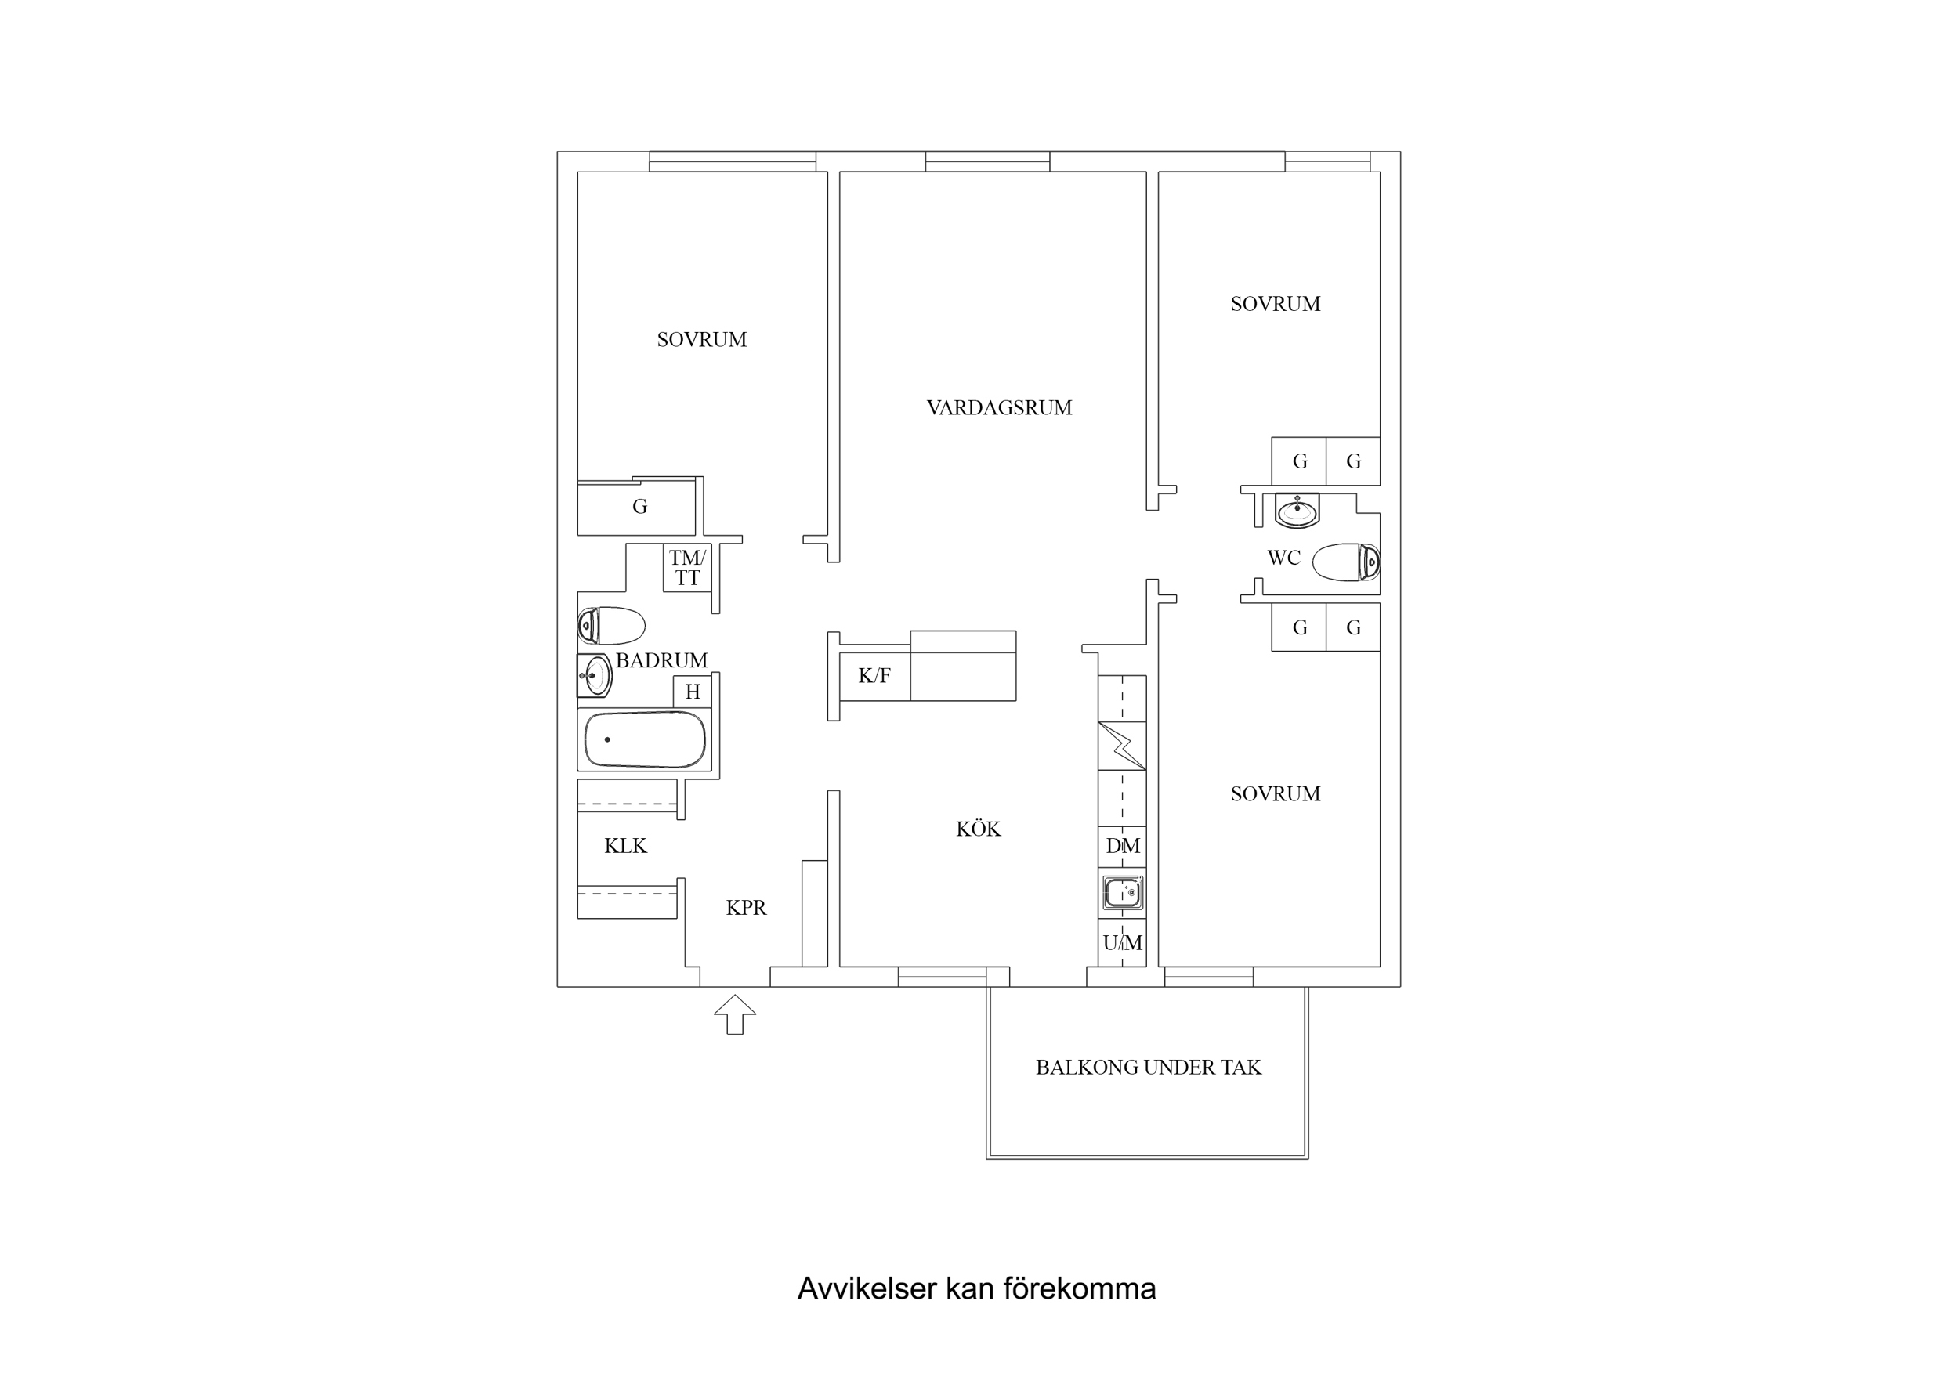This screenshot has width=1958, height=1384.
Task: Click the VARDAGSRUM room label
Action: click(x=999, y=407)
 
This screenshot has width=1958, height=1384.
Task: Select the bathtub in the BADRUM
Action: click(x=645, y=739)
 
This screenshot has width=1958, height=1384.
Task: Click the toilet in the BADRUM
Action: click(x=611, y=625)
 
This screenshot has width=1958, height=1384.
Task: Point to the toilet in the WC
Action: click(x=1346, y=562)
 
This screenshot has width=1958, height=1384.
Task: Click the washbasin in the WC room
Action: click(x=1297, y=510)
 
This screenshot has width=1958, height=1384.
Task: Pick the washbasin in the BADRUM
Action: click(x=595, y=675)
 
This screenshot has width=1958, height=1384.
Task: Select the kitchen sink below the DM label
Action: click(x=1122, y=893)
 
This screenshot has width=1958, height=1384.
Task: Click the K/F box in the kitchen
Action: click(x=874, y=676)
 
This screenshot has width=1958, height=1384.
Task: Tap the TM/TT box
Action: click(x=686, y=568)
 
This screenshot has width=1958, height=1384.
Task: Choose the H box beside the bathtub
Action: click(x=693, y=692)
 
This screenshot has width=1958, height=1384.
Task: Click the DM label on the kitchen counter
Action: click(x=1122, y=846)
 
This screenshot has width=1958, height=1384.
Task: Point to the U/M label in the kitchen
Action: click(x=1122, y=942)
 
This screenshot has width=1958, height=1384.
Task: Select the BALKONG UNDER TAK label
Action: click(x=1148, y=1068)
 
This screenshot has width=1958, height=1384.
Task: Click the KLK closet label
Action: click(x=625, y=846)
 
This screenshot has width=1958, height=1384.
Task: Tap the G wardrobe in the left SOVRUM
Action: click(x=639, y=508)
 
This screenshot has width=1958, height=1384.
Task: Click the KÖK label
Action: click(x=977, y=829)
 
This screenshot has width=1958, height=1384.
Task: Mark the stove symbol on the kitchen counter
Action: click(x=1122, y=746)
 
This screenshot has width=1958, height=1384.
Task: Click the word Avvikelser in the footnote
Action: click(x=867, y=1288)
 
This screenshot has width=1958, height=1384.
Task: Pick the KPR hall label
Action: click(x=746, y=908)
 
